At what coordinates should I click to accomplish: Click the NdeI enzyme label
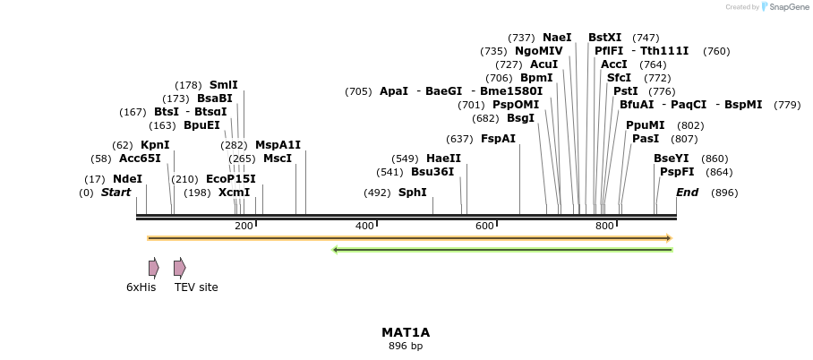point(127,179)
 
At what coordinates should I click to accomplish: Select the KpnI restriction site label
point(155,145)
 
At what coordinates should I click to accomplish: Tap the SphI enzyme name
point(412,193)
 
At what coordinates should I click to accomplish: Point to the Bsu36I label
point(432,172)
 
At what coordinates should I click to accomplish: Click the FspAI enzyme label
point(498,139)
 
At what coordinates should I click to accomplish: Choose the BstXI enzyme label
point(604,38)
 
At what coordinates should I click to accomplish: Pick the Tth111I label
point(664,51)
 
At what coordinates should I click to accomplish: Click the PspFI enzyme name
point(677,172)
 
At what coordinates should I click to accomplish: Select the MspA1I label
point(278,145)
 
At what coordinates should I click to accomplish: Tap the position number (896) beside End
point(724,193)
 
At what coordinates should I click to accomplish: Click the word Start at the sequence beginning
point(116,193)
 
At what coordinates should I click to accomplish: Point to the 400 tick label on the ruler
point(364,226)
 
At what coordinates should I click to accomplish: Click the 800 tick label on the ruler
point(604,226)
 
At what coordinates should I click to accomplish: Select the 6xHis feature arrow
point(154,268)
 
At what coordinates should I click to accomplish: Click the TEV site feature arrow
point(179,268)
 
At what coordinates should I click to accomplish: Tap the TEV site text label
point(196,287)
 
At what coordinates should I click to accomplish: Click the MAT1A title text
point(406,332)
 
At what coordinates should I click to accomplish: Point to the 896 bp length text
point(406,346)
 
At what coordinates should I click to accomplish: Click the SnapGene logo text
point(785,7)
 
